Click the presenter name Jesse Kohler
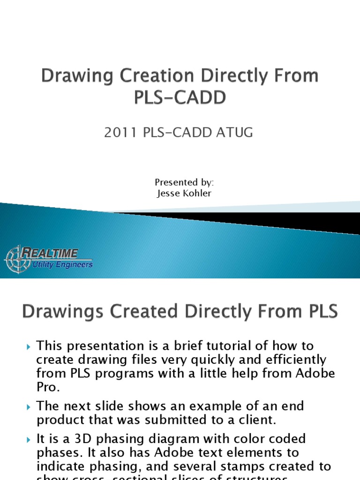184,193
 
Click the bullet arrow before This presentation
28,347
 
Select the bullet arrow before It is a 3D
28,440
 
